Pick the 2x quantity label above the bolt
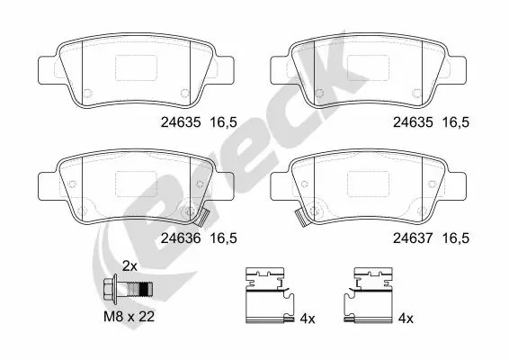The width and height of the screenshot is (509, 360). [129, 266]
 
